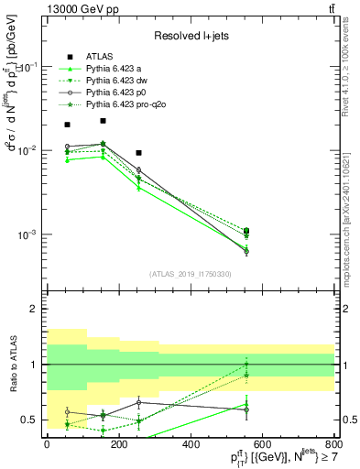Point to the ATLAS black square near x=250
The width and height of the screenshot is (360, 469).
coord(138,153)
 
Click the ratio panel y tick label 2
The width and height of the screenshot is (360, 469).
coord(36,310)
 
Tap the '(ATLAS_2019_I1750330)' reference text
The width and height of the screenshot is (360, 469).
coord(191,274)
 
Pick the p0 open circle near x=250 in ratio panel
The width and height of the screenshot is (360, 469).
coord(138,402)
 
